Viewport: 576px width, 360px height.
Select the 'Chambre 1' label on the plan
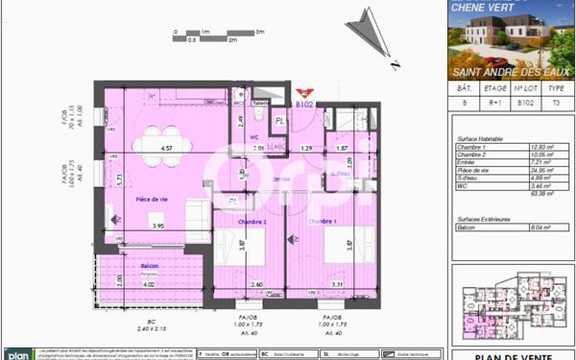[x=323, y=221]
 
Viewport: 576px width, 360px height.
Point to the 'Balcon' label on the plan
[x=149, y=266]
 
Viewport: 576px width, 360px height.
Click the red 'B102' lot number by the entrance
[x=306, y=104]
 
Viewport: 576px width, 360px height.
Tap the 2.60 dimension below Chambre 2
[x=256, y=284]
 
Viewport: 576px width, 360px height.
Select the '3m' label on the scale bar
[x=259, y=32]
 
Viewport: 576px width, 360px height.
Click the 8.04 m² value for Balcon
[x=543, y=228]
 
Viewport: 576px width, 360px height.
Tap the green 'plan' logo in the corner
[x=14, y=354]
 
